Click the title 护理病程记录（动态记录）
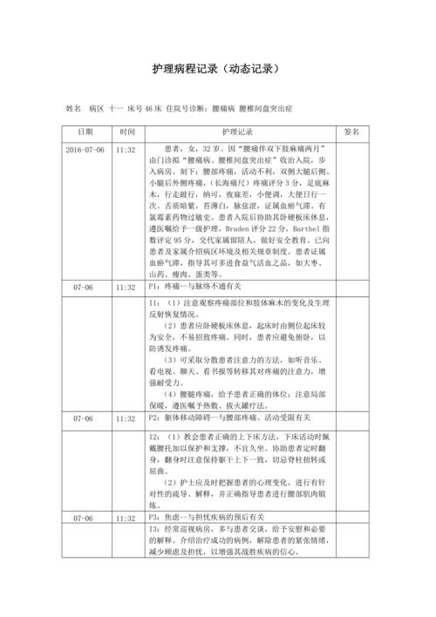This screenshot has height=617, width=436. (x=217, y=69)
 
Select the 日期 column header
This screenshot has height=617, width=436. (x=85, y=132)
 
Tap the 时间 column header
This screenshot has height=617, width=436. (x=127, y=132)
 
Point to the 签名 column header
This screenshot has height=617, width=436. (x=352, y=132)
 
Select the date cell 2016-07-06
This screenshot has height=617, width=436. (x=85, y=150)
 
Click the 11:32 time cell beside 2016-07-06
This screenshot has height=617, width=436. (x=126, y=150)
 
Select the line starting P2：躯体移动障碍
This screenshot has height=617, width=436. (x=218, y=418)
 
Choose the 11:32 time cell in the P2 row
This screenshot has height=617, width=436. (x=126, y=418)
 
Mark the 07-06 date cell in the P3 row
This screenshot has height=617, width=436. (x=85, y=519)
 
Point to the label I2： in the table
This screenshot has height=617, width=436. (x=155, y=435)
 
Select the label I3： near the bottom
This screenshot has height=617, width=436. (x=155, y=530)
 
